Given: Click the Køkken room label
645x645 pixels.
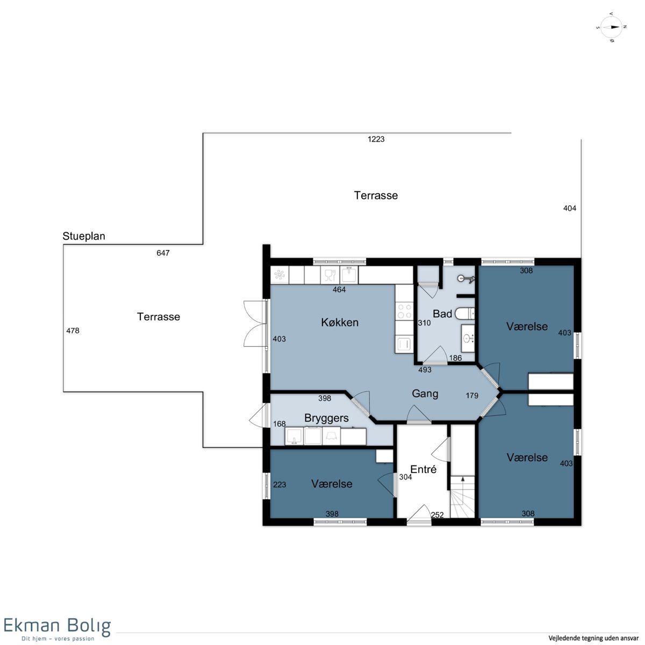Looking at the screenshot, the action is coord(339,322).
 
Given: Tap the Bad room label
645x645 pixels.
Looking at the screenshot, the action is coord(442,313).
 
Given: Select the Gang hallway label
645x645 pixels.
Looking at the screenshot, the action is coord(425,393).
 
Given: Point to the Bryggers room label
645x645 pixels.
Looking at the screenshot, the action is coord(326,418).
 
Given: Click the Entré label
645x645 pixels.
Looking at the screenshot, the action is coord(423,469).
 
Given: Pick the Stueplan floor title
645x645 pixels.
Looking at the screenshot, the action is coord(84,236).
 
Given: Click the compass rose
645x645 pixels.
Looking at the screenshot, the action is coord(611,27).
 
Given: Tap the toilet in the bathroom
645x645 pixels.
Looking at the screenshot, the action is coord(465,313).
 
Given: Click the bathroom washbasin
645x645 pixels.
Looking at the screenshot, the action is coord(468,338).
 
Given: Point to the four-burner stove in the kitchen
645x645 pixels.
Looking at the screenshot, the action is coord(404,311).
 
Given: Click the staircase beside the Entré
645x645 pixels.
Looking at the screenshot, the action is coord(462,497).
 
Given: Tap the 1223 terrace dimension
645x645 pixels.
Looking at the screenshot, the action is coord(376,139).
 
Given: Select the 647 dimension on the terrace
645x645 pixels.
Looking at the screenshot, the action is coord(163,253).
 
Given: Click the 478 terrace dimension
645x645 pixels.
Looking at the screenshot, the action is coord(73,331).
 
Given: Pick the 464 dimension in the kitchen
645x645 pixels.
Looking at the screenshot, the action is coord(339,290).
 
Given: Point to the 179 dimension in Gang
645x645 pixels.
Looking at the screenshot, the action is coord(472,396).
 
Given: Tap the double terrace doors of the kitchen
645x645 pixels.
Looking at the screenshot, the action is coord(255,324).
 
